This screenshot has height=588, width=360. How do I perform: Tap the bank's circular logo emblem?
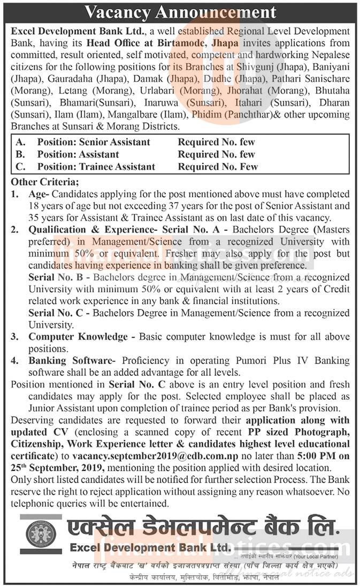41,533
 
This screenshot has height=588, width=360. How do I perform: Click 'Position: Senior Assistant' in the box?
94,142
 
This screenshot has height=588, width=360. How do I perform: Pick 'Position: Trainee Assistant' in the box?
96,167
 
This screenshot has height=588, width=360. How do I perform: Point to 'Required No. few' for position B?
217,154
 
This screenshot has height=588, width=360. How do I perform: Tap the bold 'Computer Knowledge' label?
78,337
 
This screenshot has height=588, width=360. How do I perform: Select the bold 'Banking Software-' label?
72,361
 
